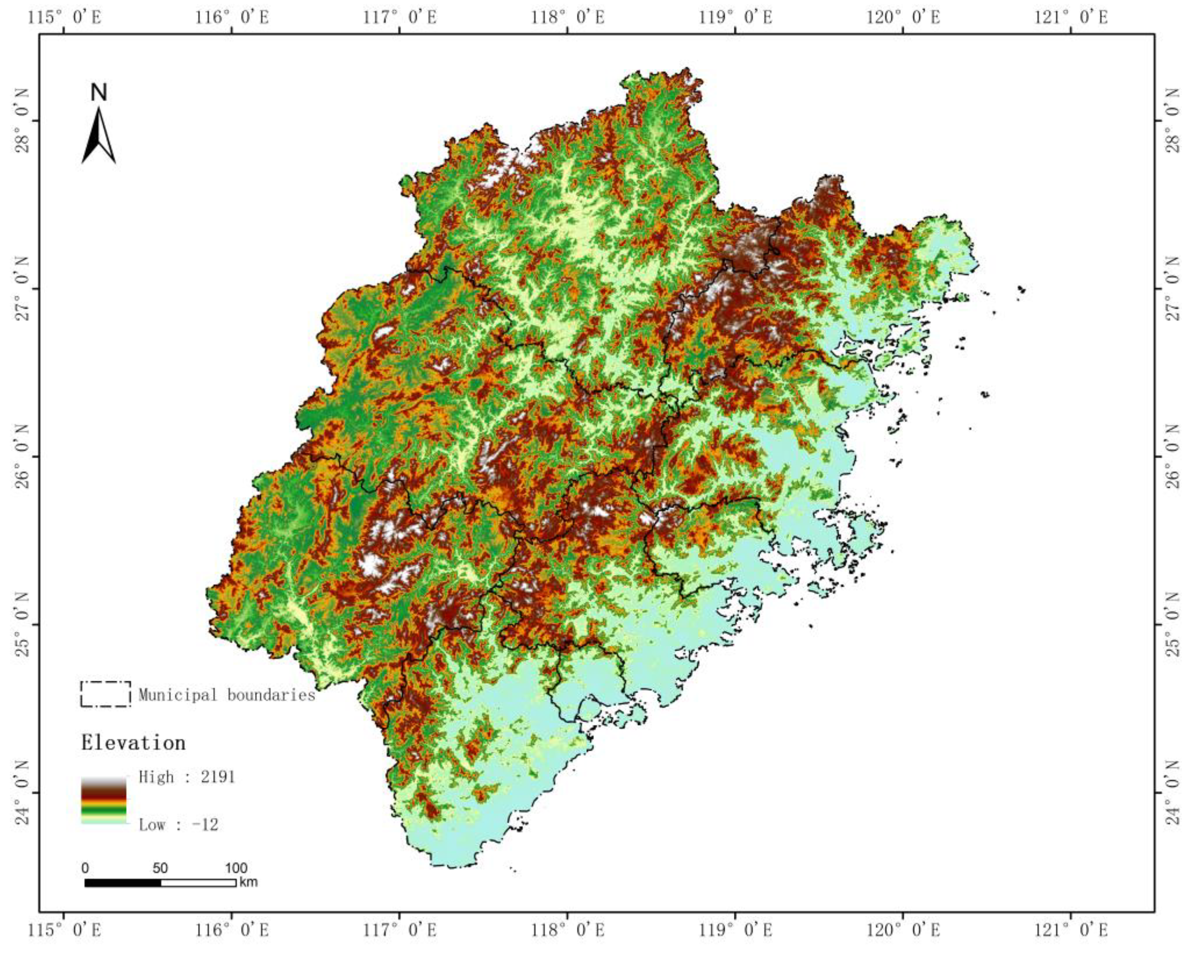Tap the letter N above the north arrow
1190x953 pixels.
click(x=99, y=93)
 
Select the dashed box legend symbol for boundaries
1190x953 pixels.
click(x=105, y=694)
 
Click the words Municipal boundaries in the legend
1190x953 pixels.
click(x=226, y=695)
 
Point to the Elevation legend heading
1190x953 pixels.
click(x=134, y=743)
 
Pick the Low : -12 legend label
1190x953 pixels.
click(x=178, y=825)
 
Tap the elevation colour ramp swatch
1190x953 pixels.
click(x=104, y=801)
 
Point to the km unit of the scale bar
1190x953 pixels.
click(x=249, y=882)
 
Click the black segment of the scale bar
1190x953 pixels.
click(x=122, y=882)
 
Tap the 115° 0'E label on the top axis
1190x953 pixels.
click(x=65, y=17)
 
